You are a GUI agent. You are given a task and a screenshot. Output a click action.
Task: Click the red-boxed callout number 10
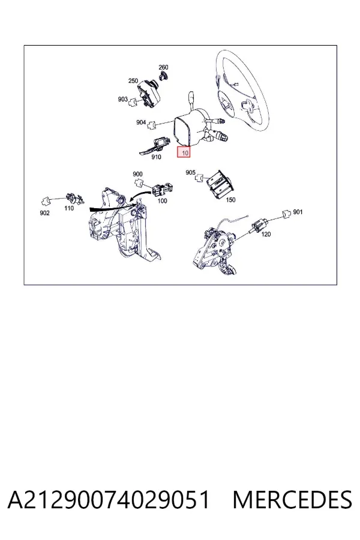click(184, 152)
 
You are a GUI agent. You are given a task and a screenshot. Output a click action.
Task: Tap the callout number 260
click(163, 67)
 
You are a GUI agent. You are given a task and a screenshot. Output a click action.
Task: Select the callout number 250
click(133, 81)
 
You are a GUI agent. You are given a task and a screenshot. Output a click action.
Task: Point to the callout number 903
click(122, 99)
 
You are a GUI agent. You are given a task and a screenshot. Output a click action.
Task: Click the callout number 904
click(141, 122)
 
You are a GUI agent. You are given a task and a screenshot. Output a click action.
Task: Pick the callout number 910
click(156, 157)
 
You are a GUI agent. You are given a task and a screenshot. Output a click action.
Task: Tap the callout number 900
click(137, 174)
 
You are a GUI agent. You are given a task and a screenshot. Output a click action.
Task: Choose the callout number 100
click(162, 201)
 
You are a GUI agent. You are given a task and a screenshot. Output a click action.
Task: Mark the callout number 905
click(191, 173)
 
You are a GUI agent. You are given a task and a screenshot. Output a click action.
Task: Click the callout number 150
click(230, 200)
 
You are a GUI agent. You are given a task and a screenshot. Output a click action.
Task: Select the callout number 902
click(44, 213)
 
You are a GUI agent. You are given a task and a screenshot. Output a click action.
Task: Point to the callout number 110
click(69, 208)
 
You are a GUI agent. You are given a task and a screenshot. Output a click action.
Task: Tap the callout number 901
click(298, 212)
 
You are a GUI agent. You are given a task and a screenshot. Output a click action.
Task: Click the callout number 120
click(266, 235)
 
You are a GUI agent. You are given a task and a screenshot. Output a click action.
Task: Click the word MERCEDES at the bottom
click(292, 500)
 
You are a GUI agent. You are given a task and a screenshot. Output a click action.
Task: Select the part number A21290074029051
click(109, 500)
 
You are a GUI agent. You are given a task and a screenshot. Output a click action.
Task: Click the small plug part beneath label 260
click(163, 76)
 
